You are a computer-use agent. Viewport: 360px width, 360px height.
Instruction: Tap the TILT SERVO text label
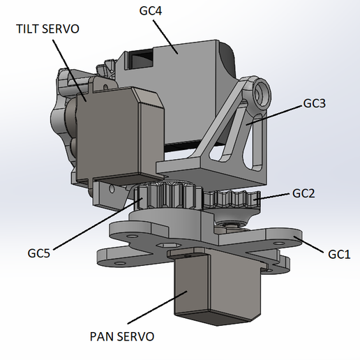coord(48,29)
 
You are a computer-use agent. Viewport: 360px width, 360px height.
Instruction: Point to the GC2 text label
coord(303,193)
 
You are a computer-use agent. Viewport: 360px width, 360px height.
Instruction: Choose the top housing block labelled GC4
coord(188,63)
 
